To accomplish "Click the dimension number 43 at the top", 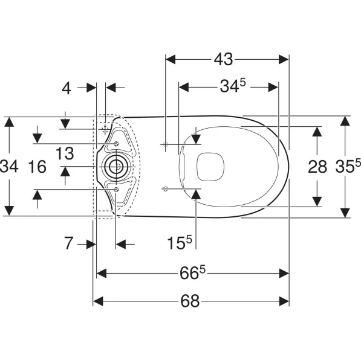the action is coord(223,59).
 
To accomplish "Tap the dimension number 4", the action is coord(67,89).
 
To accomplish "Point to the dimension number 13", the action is coord(65,153).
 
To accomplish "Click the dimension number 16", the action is coord(37,167).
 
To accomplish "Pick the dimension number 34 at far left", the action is coord(9,166).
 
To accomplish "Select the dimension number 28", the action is coord(317,167).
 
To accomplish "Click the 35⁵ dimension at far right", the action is coord(348,166).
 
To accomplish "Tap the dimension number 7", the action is coord(68,243).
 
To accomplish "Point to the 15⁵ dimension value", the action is coord(180,242).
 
